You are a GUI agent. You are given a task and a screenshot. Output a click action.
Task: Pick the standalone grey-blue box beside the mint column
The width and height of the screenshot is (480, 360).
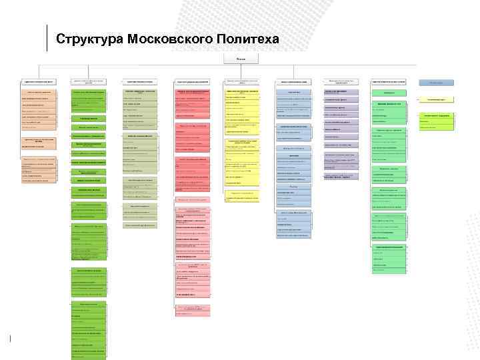coord(436,82)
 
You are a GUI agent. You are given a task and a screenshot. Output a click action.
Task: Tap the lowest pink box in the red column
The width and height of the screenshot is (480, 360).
coord(192,309)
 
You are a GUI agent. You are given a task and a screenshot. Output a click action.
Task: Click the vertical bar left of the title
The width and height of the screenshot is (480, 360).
coord(47,37)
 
